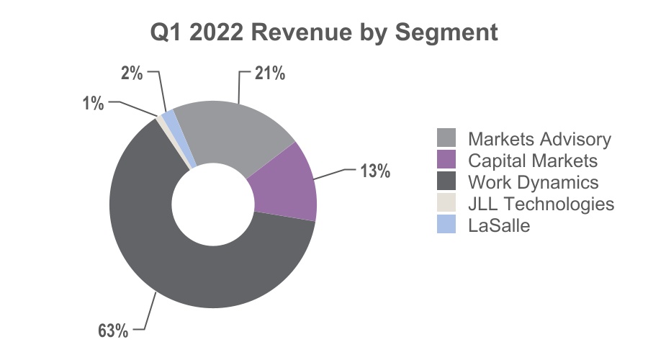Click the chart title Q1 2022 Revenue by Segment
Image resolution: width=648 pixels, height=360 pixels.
323,32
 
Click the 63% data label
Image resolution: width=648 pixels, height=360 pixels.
113,330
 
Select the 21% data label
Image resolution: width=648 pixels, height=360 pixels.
270,73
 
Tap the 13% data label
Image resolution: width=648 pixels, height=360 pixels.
375,171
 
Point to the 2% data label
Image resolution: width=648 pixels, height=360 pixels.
132,73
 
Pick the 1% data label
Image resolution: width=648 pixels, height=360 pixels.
94,103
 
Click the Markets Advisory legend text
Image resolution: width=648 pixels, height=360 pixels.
539,139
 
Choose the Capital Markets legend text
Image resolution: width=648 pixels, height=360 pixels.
533,161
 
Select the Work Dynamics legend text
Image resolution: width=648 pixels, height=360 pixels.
533,182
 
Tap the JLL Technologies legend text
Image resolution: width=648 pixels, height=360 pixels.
541,204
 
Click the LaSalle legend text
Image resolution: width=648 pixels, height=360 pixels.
499,225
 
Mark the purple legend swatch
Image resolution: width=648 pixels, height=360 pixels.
446,159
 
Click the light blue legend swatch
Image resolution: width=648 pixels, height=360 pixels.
446,224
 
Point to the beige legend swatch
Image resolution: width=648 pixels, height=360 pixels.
446,202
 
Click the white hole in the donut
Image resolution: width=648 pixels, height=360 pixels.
213,204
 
